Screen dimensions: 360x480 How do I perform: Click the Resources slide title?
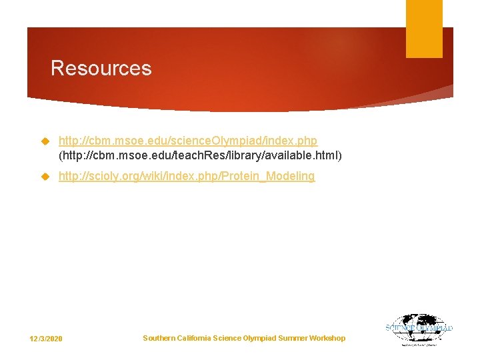101,68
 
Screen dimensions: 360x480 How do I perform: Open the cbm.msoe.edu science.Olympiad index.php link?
187,141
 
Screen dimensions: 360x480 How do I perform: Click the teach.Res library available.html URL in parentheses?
200,155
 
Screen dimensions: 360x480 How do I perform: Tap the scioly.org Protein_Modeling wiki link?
186,176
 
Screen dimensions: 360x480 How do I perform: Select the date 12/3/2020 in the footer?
46,339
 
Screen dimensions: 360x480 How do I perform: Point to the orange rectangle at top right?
424,28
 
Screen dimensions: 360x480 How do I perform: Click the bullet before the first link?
45,142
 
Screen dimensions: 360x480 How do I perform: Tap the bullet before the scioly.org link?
45,177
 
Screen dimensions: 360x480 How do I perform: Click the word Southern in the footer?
159,338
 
